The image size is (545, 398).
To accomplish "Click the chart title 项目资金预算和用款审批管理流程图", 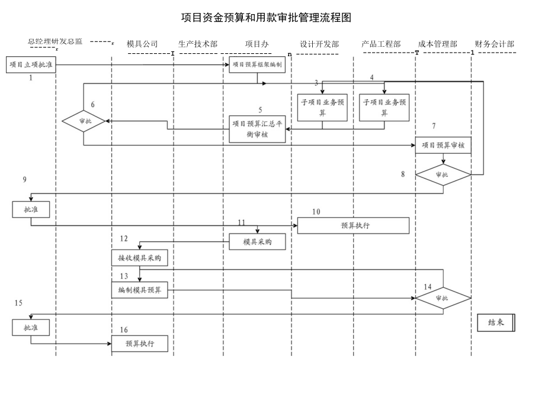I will (x=266, y=18).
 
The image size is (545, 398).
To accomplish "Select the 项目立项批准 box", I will (x=31, y=65).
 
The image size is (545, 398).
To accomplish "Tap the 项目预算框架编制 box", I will (x=258, y=65).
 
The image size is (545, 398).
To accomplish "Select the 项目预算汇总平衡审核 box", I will (x=258, y=128).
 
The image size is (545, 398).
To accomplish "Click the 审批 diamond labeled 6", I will (x=84, y=121).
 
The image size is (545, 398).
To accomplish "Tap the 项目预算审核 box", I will (x=443, y=145).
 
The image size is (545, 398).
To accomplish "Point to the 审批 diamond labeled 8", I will (x=443, y=175).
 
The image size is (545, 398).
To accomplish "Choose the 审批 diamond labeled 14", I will (x=443, y=298).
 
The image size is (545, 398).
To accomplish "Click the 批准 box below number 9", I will (x=31, y=209).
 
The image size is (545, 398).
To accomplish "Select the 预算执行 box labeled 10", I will (x=353, y=225).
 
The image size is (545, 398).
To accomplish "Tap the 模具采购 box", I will (x=258, y=241).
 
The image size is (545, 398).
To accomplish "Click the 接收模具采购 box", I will (x=140, y=258).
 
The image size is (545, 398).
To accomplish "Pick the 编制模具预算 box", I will (x=140, y=290).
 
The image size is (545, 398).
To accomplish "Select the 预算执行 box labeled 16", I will (x=140, y=344).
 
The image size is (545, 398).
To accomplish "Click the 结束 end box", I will (x=496, y=322).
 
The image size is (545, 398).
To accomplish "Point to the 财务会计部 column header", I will (x=494, y=44).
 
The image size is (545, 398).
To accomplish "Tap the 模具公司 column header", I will (x=142, y=44).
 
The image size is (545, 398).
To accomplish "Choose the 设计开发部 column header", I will (x=319, y=44).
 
